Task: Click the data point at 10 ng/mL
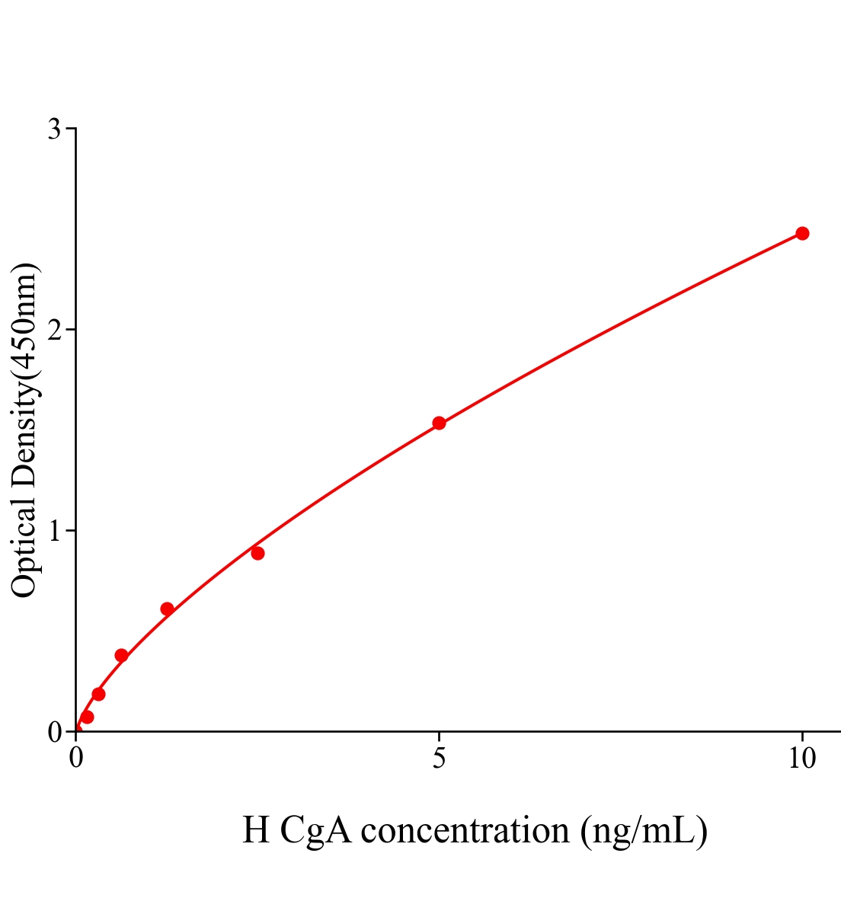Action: pos(801,233)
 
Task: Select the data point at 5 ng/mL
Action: pos(439,423)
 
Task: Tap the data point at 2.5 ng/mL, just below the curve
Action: pos(257,553)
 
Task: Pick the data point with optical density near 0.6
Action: pos(167,609)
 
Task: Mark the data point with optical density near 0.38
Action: pos(121,655)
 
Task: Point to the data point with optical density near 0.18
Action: pos(98,694)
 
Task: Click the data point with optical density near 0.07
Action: pos(87,717)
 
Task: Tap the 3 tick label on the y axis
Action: pos(54,129)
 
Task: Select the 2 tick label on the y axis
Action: pos(54,330)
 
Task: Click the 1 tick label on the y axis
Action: pos(54,531)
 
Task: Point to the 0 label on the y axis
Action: pos(54,732)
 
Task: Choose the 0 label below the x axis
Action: pos(76,759)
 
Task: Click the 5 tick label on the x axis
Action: pos(439,759)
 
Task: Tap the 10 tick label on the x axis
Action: pos(801,759)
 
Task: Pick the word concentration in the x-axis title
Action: pos(465,830)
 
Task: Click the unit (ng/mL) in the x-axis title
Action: pos(644,830)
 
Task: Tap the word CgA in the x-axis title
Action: pos(315,830)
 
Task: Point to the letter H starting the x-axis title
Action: pos(256,830)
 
